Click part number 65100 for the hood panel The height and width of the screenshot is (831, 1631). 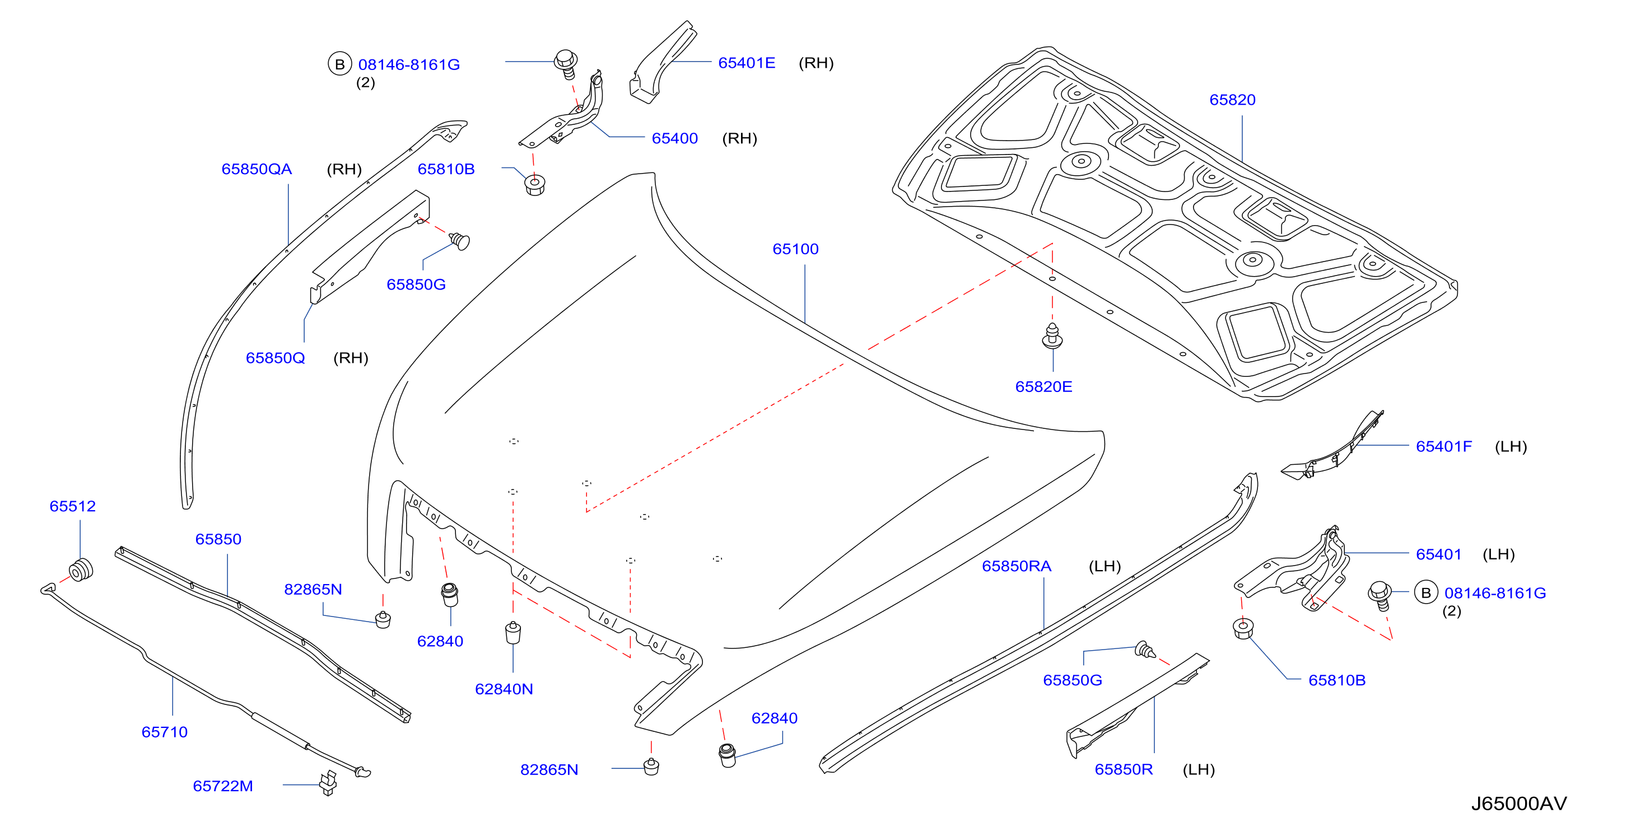[x=795, y=249]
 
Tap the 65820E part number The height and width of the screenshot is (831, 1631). [x=1043, y=387]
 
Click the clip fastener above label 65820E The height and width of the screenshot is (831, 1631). [x=1052, y=335]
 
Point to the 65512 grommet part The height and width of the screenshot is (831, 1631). [x=81, y=569]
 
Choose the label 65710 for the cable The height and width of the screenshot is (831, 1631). [x=165, y=732]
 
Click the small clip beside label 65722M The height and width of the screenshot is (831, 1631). [x=328, y=783]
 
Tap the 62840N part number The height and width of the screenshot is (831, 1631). [x=504, y=689]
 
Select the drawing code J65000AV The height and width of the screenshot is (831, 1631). [x=1518, y=804]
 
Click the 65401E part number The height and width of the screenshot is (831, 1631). [x=747, y=63]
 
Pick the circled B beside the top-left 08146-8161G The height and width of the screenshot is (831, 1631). [x=340, y=64]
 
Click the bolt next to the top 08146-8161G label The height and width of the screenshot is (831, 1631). [x=566, y=64]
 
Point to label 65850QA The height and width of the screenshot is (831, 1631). [x=257, y=169]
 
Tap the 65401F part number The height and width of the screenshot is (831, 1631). [x=1443, y=446]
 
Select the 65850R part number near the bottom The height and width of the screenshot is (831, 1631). [x=1124, y=769]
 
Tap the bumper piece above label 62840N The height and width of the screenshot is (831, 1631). [x=513, y=632]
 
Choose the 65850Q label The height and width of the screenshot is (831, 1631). [x=276, y=358]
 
